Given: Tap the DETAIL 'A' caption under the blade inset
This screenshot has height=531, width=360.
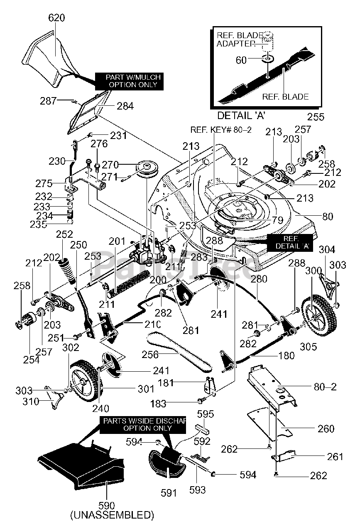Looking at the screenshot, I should click(241, 115).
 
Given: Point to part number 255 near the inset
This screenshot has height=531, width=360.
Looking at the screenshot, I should click(316, 117).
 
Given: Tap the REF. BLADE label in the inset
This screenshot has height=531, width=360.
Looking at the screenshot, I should click(285, 96).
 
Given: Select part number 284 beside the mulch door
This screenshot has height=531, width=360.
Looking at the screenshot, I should click(125, 106).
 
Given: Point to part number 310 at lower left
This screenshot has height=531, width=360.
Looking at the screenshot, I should click(30, 402).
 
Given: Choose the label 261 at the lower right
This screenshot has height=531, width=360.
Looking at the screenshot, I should click(335, 457).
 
